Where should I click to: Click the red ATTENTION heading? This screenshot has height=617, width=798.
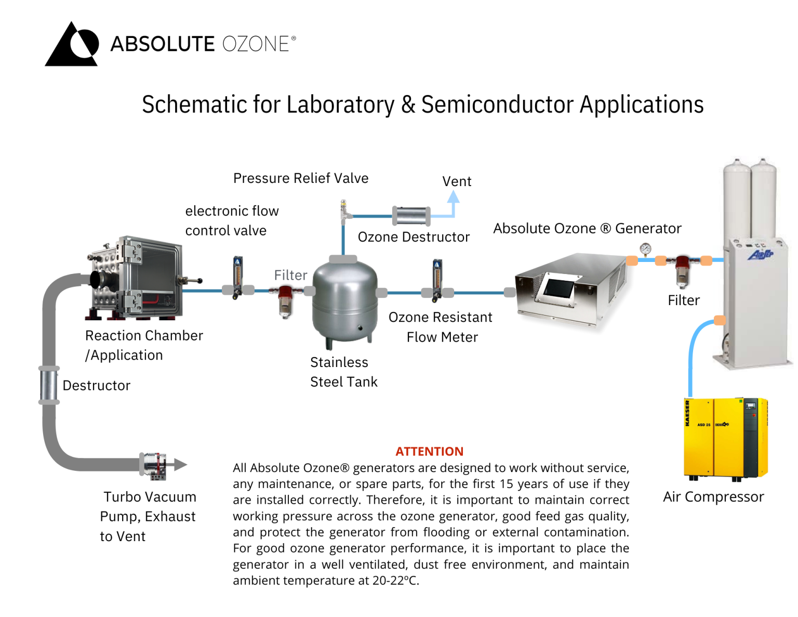[429, 451]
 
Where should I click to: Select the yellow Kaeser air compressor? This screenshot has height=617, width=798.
[725, 438]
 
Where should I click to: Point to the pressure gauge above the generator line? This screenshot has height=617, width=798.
[645, 250]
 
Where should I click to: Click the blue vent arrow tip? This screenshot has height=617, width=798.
[454, 196]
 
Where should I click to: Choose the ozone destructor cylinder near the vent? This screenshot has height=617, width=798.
[410, 216]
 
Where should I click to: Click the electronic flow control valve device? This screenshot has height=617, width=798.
[237, 277]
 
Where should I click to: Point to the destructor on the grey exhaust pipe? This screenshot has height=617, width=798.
[49, 385]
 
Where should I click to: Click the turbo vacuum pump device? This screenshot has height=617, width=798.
[155, 465]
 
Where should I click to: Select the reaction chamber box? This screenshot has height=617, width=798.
[136, 278]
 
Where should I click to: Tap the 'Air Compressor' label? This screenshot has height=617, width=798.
[713, 497]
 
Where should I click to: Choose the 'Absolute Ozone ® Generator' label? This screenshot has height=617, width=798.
[587, 229]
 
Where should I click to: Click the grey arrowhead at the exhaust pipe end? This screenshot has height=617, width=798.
[181, 464]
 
